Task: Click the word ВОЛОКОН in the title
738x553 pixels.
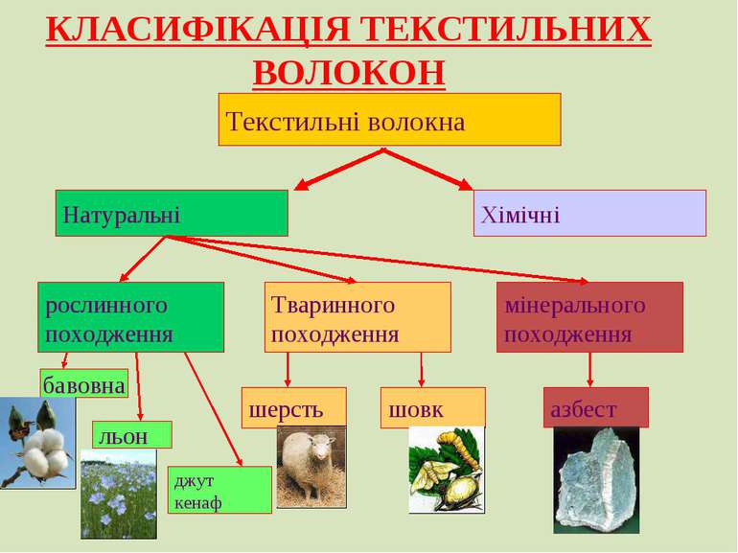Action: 349,72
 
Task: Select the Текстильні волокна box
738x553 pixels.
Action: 390,120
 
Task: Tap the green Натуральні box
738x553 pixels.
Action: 172,213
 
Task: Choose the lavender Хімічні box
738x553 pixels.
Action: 589,213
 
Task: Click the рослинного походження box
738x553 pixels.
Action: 131,317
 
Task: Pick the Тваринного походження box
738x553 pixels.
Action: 357,317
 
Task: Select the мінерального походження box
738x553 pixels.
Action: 589,317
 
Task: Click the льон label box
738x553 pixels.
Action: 132,435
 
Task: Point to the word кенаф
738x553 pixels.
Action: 197,503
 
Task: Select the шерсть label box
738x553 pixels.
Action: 294,407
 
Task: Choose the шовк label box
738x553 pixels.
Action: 433,407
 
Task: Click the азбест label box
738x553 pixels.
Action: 596,407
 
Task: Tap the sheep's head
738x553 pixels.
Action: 322,447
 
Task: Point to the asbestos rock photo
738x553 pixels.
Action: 596,480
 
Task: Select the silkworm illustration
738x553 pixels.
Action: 447,470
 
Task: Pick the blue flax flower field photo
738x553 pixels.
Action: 119,495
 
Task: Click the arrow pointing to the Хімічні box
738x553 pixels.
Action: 427,170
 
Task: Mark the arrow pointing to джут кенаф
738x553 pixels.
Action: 214,409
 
